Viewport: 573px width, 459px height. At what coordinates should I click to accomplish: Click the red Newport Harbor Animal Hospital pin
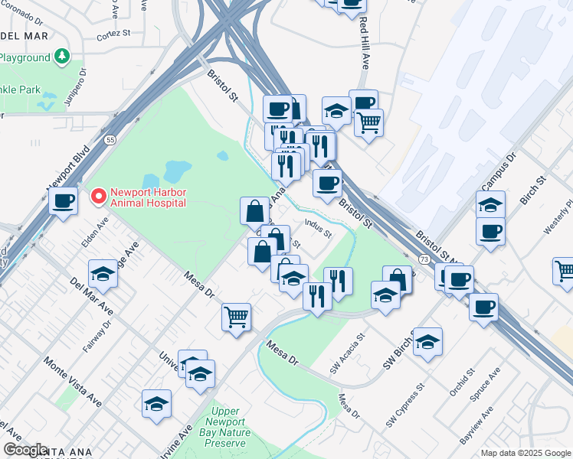coord(98,197)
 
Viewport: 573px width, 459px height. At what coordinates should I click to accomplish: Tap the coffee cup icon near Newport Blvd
coord(64,201)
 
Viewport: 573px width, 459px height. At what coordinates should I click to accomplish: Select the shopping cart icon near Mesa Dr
coord(237,316)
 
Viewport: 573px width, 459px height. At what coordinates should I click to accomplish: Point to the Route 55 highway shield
coord(110,141)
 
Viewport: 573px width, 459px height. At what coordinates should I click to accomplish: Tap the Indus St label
coord(318,228)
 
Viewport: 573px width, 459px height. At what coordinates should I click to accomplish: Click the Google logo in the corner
coord(25,450)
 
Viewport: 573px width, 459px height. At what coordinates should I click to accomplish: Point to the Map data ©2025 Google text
coord(526,453)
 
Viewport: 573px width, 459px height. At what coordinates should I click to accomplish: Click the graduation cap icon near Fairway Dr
coord(103,273)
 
